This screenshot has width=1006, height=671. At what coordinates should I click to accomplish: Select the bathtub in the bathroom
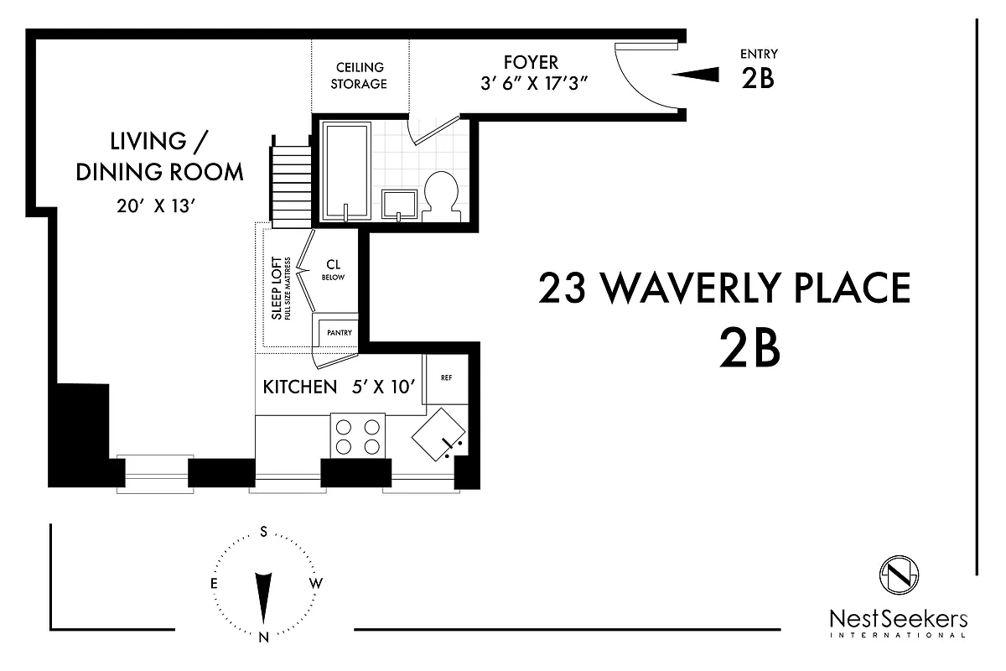346,171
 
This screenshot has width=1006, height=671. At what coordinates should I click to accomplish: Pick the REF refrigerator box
446,378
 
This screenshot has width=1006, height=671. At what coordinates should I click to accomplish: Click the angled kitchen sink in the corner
438,434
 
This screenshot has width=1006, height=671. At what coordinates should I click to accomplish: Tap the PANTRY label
340,332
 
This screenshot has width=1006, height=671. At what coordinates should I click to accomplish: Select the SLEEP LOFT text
277,289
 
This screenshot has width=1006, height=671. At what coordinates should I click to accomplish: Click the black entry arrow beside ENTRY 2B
695,75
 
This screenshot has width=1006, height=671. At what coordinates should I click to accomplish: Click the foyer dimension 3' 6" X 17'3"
531,83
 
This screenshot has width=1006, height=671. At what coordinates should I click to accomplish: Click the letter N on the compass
263,637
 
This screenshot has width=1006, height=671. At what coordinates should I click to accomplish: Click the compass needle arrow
263,596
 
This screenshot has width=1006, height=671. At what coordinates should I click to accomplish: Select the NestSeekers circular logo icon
899,575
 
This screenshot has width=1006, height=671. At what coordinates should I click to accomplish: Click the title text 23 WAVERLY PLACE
723,289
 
